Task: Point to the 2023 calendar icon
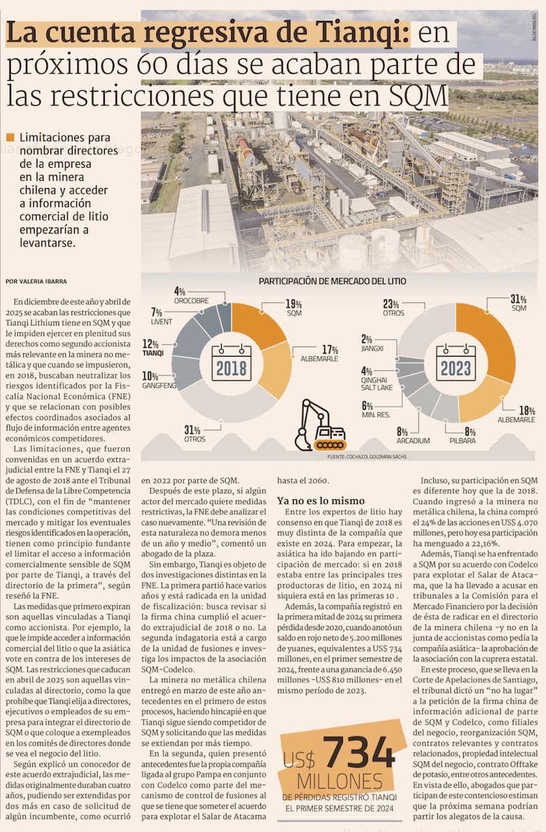[x=456, y=363]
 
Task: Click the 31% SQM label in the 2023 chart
[x=519, y=303]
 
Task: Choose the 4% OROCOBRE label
[x=190, y=295]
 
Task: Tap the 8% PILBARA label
[x=462, y=435]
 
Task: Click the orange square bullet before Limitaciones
[x=10, y=137]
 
